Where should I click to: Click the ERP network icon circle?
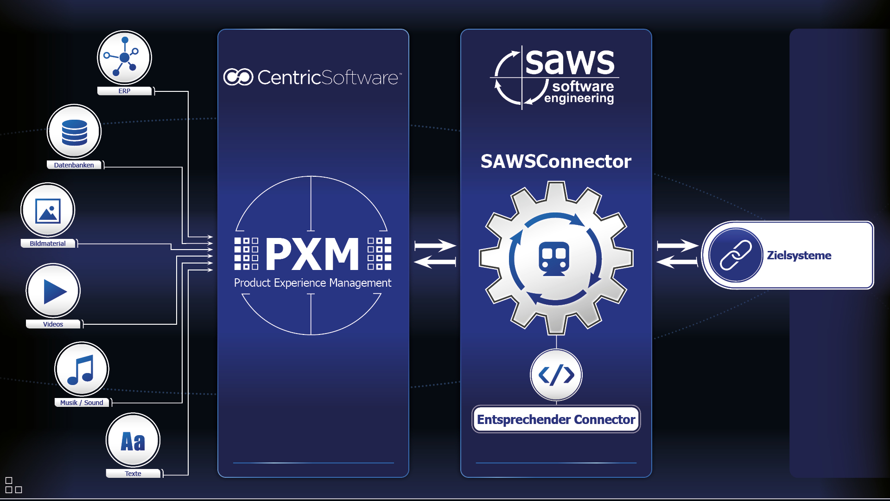point(124,58)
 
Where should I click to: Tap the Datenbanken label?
point(74,165)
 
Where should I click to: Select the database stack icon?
point(74,132)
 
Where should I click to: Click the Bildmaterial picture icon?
point(48,211)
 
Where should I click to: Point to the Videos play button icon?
point(53,291)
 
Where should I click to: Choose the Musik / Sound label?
point(82,403)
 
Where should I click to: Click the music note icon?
point(82,369)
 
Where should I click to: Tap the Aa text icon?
point(133,441)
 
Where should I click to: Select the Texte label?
point(133,474)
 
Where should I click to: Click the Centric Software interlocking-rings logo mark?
point(238,77)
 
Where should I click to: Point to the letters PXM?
point(312,254)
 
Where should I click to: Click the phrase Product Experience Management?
point(312,283)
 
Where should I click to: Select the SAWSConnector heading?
point(556,161)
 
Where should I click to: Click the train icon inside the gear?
point(554,259)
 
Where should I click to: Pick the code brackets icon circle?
point(556,375)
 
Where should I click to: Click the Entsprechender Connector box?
point(556,419)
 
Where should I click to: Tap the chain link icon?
point(736,255)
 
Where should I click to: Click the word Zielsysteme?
point(799,255)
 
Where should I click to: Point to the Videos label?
point(53,324)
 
